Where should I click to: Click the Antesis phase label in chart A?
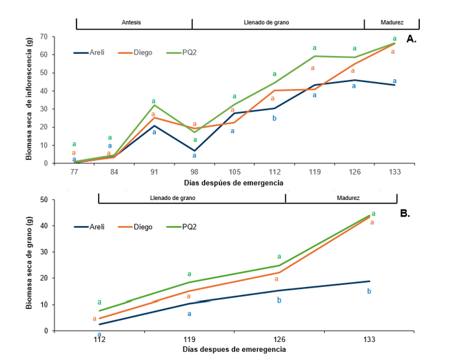pyautogui.click(x=131, y=22)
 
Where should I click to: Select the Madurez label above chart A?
pyautogui.click(x=392, y=22)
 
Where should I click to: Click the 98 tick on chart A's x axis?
pyautogui.click(x=194, y=172)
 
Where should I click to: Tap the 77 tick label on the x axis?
pyautogui.click(x=74, y=172)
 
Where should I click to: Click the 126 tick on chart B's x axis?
pyautogui.click(x=279, y=339)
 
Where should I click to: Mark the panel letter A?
pyautogui.click(x=411, y=40)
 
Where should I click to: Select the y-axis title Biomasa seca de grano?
pyautogui.click(x=30, y=265)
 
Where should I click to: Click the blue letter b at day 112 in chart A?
pyautogui.click(x=274, y=118)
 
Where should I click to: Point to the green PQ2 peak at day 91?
pyautogui.click(x=154, y=105)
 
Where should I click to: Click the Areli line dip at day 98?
pyautogui.click(x=194, y=150)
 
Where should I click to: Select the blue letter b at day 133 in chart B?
pyautogui.click(x=369, y=291)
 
